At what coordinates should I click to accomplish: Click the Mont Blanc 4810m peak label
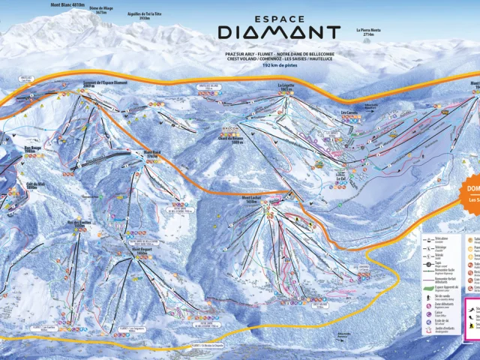[x=68, y=4]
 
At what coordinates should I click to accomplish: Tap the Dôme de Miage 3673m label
[x=102, y=11]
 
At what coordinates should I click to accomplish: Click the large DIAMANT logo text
[x=278, y=32]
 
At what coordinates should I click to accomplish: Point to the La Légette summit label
[x=285, y=86]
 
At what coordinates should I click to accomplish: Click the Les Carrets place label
[x=349, y=113]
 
